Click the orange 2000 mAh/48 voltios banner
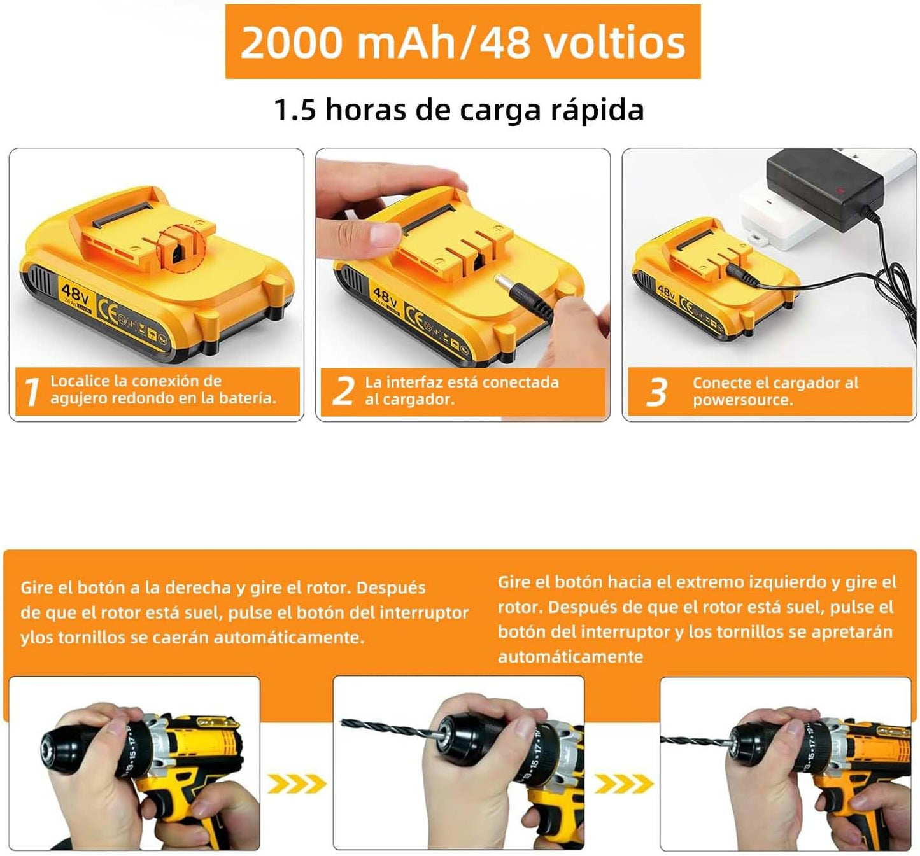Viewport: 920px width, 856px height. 463,42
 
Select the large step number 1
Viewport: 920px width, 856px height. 31,391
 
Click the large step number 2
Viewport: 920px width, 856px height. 343,391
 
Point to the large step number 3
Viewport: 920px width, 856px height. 656,392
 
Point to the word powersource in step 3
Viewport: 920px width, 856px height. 742,400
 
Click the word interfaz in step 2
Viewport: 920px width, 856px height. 414,382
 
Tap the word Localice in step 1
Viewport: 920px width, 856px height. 80,381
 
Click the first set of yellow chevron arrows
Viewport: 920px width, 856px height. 296,784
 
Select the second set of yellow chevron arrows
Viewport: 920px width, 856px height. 623,784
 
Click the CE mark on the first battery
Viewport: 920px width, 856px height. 109,312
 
